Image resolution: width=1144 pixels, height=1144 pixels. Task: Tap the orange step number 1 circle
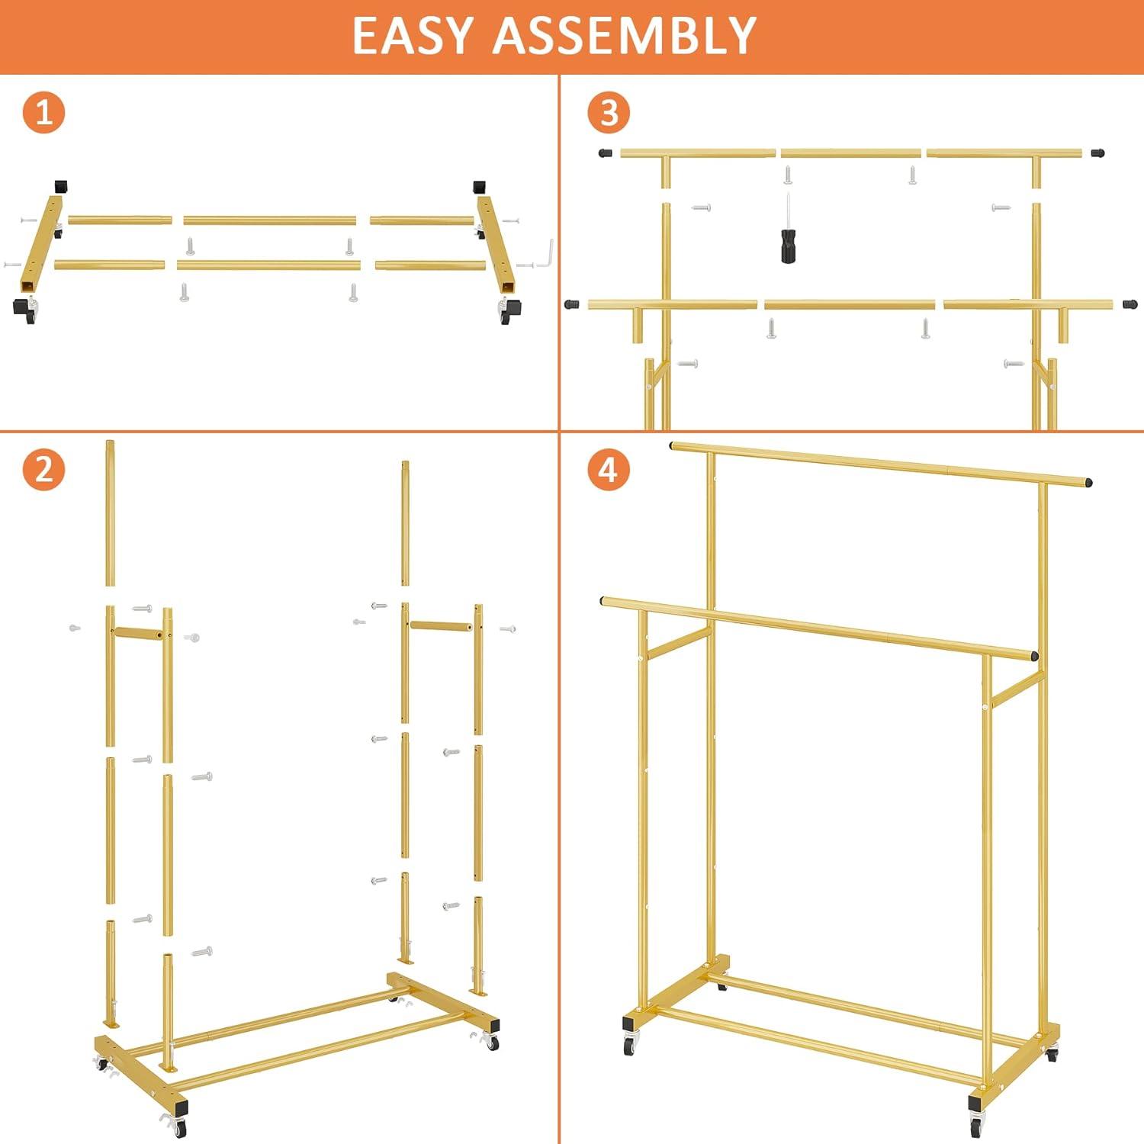[x=43, y=113]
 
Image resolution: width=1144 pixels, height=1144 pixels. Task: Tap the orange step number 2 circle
[x=43, y=470]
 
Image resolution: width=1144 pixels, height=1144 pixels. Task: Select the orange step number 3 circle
[x=608, y=113]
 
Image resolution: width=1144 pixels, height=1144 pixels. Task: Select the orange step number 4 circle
[x=608, y=470]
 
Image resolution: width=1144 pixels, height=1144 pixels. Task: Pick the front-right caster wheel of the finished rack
[x=977, y=1118]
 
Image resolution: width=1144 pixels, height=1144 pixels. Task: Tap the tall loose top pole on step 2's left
[x=110, y=513]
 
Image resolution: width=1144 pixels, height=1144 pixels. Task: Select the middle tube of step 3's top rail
[x=850, y=153]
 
